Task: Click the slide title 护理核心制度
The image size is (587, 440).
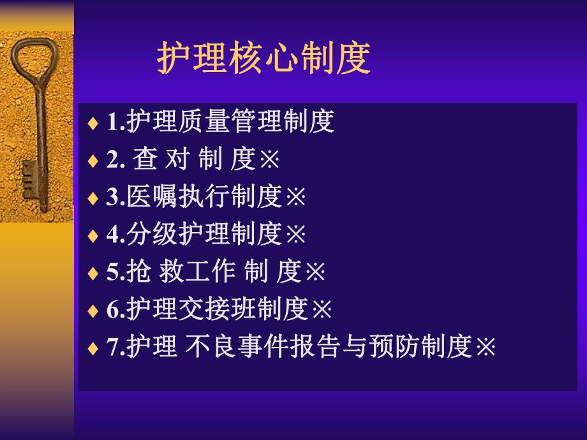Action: (264, 59)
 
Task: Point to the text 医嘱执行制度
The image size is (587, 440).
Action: (204, 198)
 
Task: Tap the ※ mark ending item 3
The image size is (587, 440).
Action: (295, 198)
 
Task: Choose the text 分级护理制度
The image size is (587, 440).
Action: (204, 235)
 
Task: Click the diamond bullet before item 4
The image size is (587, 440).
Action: (93, 237)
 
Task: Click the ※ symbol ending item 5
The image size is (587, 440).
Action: (315, 272)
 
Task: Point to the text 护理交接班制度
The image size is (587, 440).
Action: (217, 310)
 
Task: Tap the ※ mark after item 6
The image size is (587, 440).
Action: (322, 310)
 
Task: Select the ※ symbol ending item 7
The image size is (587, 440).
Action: (486, 348)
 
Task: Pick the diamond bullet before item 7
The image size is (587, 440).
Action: (93, 349)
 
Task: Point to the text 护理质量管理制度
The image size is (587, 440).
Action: (230, 122)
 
